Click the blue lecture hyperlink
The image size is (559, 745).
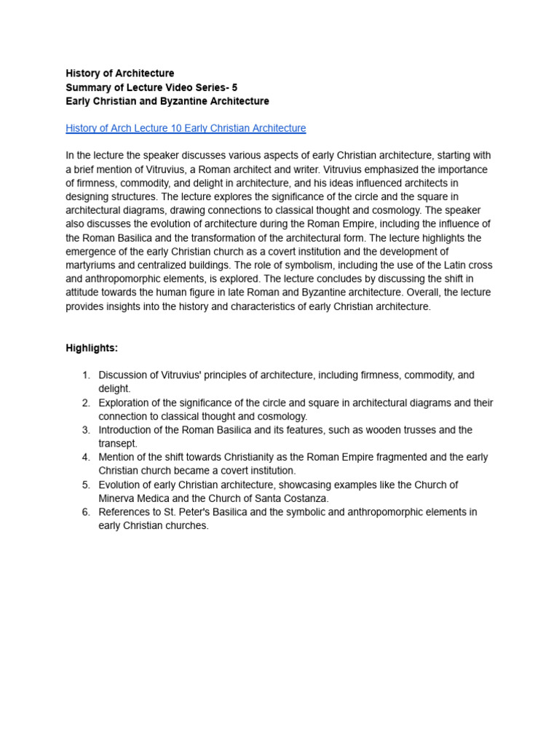tap(186, 128)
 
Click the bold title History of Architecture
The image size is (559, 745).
tap(120, 73)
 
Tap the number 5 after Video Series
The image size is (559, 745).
tap(234, 87)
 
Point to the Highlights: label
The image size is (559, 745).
tap(92, 348)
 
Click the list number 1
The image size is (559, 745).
tap(85, 375)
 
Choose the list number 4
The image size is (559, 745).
tap(85, 458)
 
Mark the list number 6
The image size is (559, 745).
tap(85, 512)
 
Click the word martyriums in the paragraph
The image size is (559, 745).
tap(92, 252)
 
